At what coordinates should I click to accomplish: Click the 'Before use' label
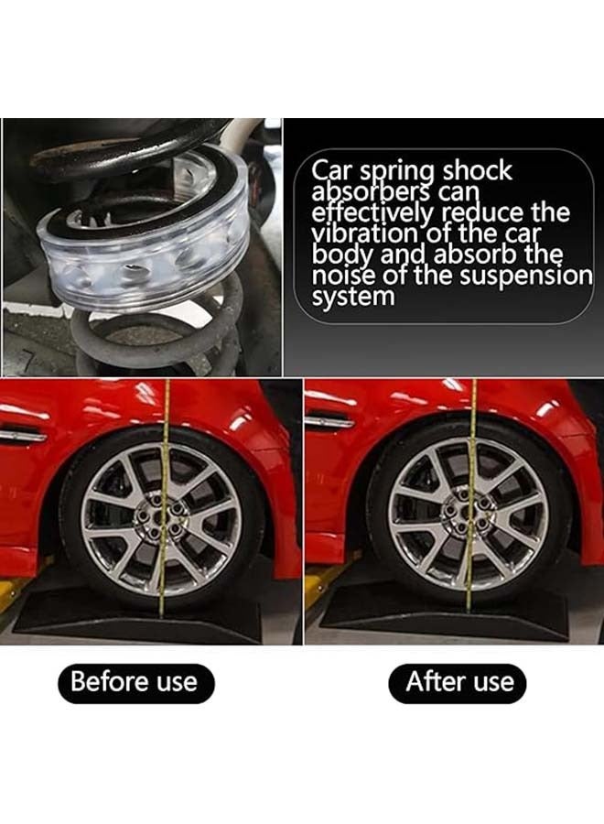(x=135, y=682)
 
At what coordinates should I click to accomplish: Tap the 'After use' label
(x=460, y=682)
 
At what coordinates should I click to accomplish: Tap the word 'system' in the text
(x=353, y=297)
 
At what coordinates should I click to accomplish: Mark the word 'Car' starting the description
(x=329, y=171)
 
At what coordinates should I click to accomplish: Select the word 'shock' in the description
(x=478, y=171)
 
